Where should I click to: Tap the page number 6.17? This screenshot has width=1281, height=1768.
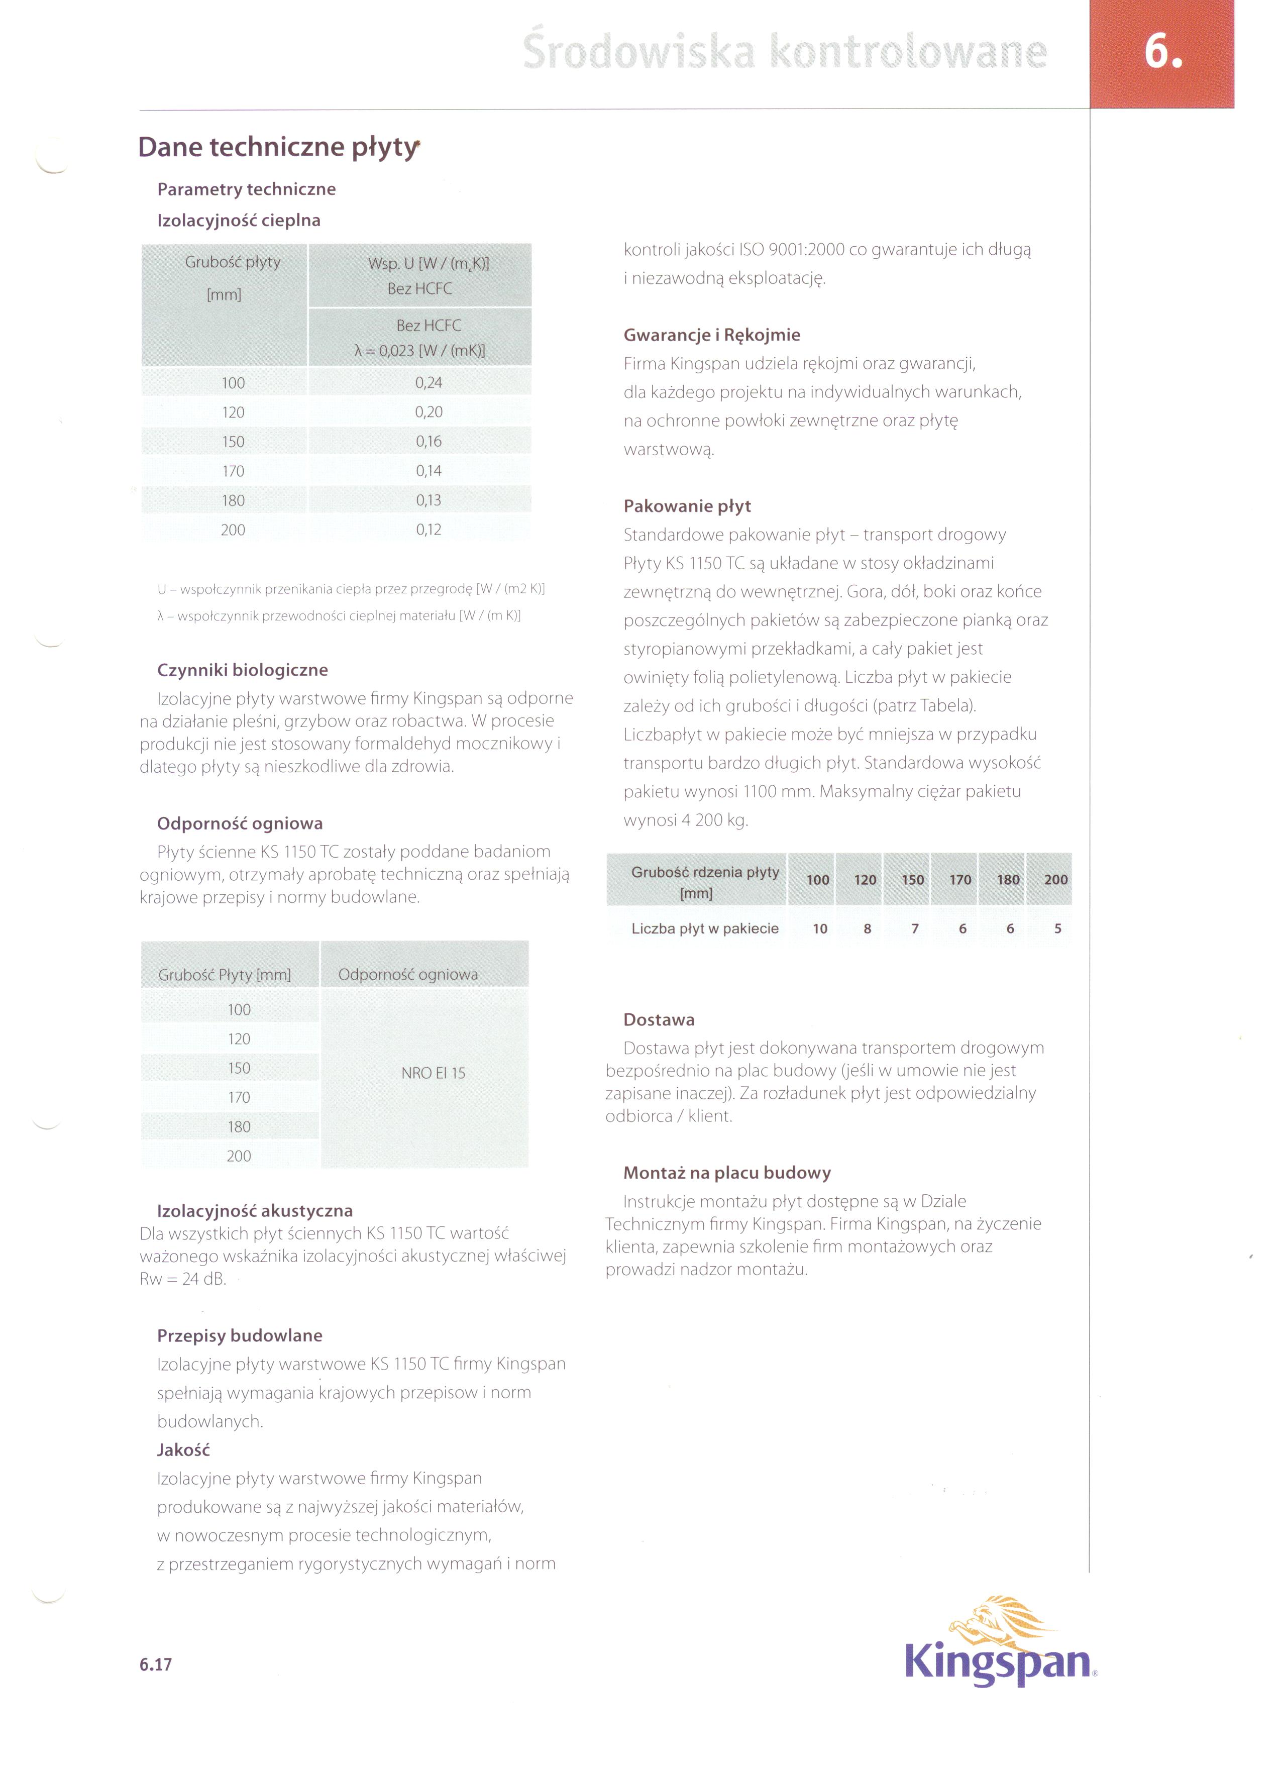pos(156,1665)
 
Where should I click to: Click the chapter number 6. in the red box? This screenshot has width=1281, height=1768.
pos(1162,53)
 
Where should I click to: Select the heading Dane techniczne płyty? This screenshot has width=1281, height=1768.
pos(278,147)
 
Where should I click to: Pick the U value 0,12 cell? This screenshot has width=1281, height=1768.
pos(428,530)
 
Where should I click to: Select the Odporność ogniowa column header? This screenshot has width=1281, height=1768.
pos(408,974)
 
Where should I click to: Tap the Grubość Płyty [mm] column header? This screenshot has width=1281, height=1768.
pos(225,974)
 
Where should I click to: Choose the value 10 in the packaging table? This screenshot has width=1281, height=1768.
pos(819,928)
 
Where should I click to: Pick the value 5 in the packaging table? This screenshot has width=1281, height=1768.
pos(1057,928)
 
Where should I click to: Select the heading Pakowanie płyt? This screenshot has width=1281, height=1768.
pos(687,506)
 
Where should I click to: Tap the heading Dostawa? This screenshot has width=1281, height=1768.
pos(659,1019)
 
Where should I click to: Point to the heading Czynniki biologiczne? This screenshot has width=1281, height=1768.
pos(243,670)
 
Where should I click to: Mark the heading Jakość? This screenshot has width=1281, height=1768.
pos(183,1450)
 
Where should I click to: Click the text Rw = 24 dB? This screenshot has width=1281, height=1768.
pos(182,1279)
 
